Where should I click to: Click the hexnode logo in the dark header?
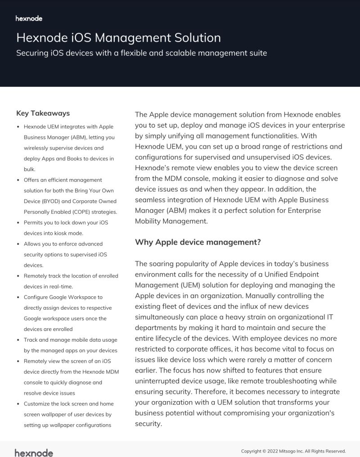29,18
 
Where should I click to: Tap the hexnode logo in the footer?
34,452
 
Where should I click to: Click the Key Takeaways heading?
43,113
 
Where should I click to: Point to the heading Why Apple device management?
198,242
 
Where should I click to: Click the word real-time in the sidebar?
61,286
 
